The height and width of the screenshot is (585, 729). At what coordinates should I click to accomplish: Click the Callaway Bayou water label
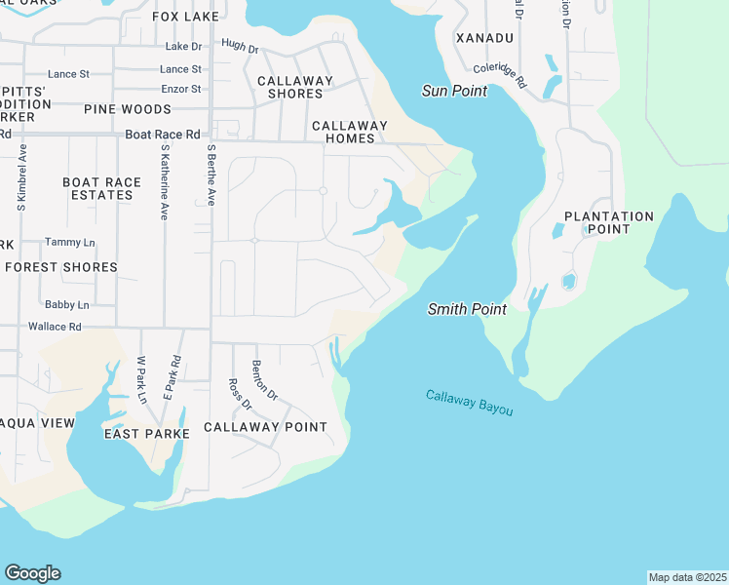click(469, 403)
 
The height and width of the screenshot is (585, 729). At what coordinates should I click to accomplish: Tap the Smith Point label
click(468, 309)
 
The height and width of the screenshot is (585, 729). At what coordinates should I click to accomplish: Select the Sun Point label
click(454, 91)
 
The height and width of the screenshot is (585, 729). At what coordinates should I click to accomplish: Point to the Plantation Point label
click(609, 222)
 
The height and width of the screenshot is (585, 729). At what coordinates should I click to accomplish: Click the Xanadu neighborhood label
click(484, 37)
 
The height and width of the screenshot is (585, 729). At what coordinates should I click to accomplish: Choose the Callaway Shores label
click(295, 87)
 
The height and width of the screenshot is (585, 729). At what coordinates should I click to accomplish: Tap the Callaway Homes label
click(350, 132)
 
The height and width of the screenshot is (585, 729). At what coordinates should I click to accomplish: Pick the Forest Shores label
click(61, 267)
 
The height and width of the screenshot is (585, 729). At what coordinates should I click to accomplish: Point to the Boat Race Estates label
click(97, 188)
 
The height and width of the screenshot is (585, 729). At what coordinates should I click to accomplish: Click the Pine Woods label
click(128, 109)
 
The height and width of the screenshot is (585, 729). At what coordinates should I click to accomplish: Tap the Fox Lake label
click(187, 17)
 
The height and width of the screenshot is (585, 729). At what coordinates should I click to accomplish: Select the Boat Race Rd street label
click(162, 135)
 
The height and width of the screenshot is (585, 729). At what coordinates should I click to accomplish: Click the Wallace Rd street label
click(55, 327)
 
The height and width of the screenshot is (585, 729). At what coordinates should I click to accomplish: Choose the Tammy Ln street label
click(69, 242)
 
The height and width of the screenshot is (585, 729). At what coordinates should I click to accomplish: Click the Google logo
click(32, 573)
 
